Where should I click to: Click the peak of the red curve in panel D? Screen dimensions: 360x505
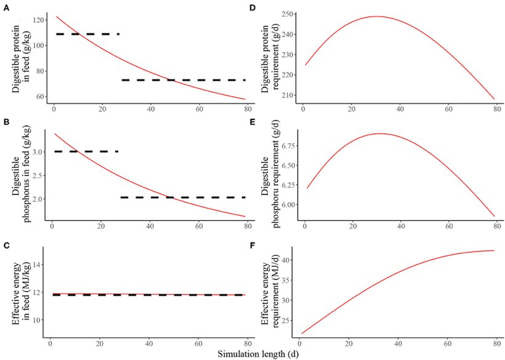click(x=375, y=17)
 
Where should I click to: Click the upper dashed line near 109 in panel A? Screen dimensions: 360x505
click(x=87, y=34)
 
